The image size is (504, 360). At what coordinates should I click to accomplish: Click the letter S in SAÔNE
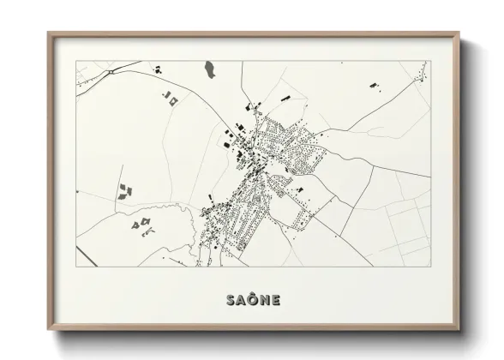click(x=231, y=300)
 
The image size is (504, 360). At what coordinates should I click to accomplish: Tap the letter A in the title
click(x=242, y=300)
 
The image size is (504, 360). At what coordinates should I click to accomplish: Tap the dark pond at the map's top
click(x=209, y=68)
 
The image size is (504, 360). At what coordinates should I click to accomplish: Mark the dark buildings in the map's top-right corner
click(x=375, y=85)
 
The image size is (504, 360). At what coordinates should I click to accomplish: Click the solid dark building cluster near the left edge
click(x=126, y=189)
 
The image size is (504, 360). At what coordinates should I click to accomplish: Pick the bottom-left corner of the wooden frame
click(x=49, y=332)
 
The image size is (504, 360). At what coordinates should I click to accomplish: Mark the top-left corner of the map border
click(x=76, y=61)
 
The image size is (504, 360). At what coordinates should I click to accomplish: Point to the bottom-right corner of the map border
click(x=430, y=267)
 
